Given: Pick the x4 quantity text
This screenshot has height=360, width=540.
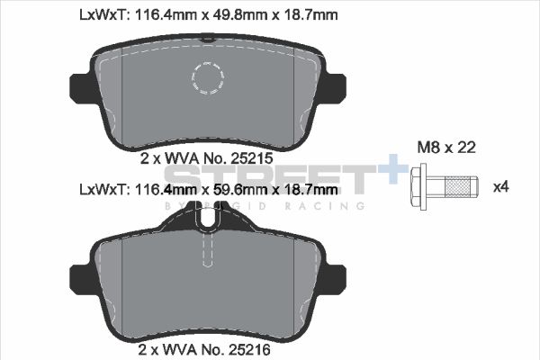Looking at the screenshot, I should pos(501,187).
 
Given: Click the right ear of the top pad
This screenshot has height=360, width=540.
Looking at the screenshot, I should pos(337,85).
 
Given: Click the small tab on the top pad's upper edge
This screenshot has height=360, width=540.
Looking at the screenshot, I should pos(207,39).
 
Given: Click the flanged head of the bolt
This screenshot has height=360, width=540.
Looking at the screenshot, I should pos(418,187).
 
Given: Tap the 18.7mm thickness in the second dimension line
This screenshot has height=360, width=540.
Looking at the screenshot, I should pos(310,190).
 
